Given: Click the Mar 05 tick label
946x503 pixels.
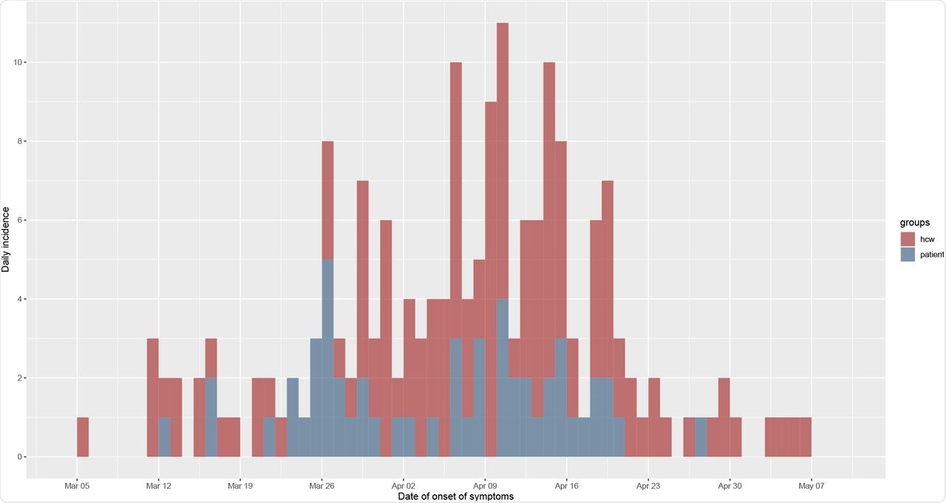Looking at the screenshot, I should [x=77, y=486].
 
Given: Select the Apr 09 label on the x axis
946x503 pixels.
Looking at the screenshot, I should [x=485, y=486].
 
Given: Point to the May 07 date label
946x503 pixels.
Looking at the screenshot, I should [x=811, y=486].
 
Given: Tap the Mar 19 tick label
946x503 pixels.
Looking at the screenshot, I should [x=240, y=486].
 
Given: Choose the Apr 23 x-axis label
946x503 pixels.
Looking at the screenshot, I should [x=648, y=486].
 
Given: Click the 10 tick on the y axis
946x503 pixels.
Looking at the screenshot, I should [x=16, y=62].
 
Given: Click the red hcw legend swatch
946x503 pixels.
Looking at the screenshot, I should [x=908, y=239].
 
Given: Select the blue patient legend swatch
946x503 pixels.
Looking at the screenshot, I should [x=908, y=254].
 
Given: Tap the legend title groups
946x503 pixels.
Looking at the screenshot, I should [x=913, y=222].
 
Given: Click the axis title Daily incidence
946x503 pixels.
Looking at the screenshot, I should [x=6, y=239].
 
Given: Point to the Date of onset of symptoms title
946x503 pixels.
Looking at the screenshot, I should [x=455, y=496].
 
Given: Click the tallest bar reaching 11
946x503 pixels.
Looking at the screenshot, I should [x=503, y=148].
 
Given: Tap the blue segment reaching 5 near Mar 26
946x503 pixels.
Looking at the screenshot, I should [x=327, y=355].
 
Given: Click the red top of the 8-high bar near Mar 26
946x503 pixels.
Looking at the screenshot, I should [x=327, y=199].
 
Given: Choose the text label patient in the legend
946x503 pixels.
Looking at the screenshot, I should [x=932, y=254].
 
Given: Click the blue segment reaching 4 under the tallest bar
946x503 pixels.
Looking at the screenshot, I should [x=503, y=377].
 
